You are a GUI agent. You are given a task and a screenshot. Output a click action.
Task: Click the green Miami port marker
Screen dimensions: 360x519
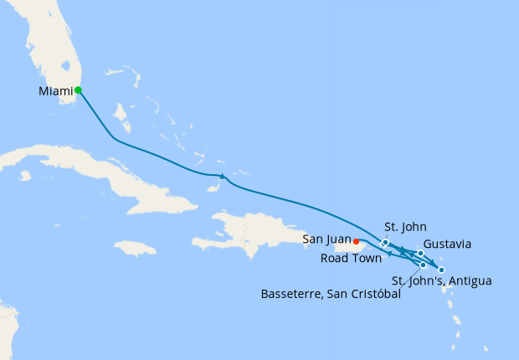point(78,90)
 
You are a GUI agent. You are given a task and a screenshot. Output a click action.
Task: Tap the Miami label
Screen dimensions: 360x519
point(55,90)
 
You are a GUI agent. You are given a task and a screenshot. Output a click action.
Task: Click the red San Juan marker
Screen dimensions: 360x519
point(357,244)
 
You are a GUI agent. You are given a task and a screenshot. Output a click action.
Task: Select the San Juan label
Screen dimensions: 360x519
point(326,240)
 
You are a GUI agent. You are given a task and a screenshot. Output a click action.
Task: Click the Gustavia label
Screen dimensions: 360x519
point(447,244)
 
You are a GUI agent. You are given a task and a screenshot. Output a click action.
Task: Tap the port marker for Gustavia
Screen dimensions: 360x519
point(420,253)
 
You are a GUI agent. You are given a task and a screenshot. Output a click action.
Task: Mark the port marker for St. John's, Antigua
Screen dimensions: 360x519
point(441,270)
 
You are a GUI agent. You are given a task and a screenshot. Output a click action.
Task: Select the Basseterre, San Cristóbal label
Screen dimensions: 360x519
point(331,294)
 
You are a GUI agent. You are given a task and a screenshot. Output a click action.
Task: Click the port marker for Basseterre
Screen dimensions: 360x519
point(424,265)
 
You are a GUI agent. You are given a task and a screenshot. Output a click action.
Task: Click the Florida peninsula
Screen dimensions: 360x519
point(50,50)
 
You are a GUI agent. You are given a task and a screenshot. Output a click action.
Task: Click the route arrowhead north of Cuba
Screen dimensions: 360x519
point(222,176)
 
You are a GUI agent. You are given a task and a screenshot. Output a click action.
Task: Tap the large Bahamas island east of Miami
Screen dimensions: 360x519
point(120,112)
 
